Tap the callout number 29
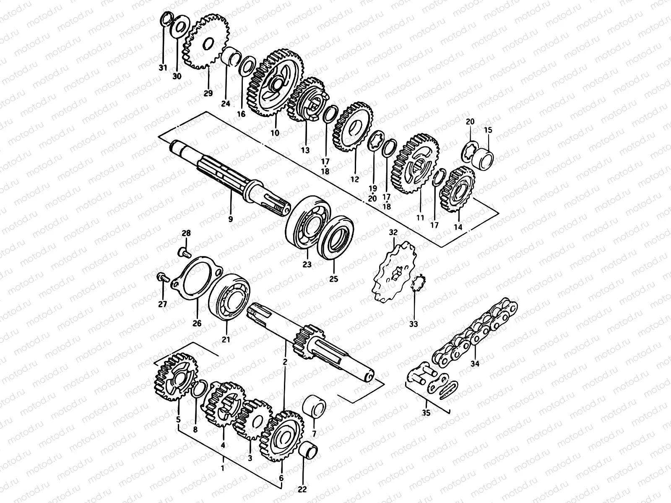click(208, 93)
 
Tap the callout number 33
click(414, 324)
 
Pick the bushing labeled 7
click(314, 406)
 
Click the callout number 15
click(488, 130)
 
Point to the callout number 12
click(355, 179)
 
